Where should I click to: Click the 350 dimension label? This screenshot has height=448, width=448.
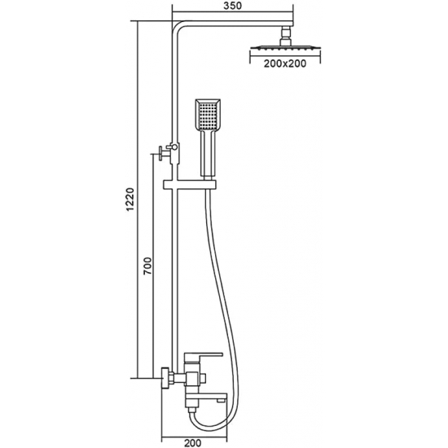233,6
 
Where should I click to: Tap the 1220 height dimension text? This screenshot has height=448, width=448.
130,199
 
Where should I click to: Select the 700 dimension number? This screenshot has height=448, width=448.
147,266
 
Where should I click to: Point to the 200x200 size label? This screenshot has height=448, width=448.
284,64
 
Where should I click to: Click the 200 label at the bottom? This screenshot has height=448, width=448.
192,443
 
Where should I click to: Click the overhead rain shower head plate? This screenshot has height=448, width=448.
285,47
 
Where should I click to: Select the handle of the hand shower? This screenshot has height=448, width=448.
209,154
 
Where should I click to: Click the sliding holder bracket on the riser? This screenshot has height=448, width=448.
190,185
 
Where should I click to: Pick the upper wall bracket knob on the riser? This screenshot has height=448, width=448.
161,154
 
